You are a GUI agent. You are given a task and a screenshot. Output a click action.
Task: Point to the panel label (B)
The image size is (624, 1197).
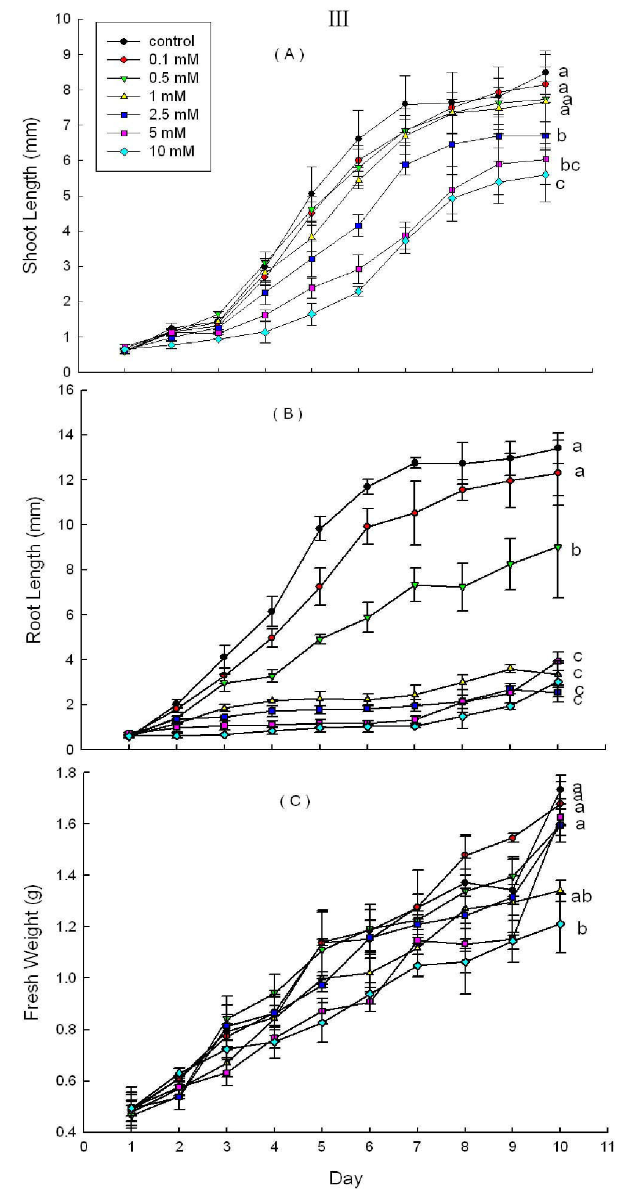coord(287,414)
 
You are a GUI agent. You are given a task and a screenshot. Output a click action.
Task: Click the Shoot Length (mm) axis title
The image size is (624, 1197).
coord(31,195)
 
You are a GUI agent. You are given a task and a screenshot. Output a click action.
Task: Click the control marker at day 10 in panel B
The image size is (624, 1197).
coord(558,448)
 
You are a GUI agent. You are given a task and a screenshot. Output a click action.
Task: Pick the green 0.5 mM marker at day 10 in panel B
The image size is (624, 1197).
coord(558,547)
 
